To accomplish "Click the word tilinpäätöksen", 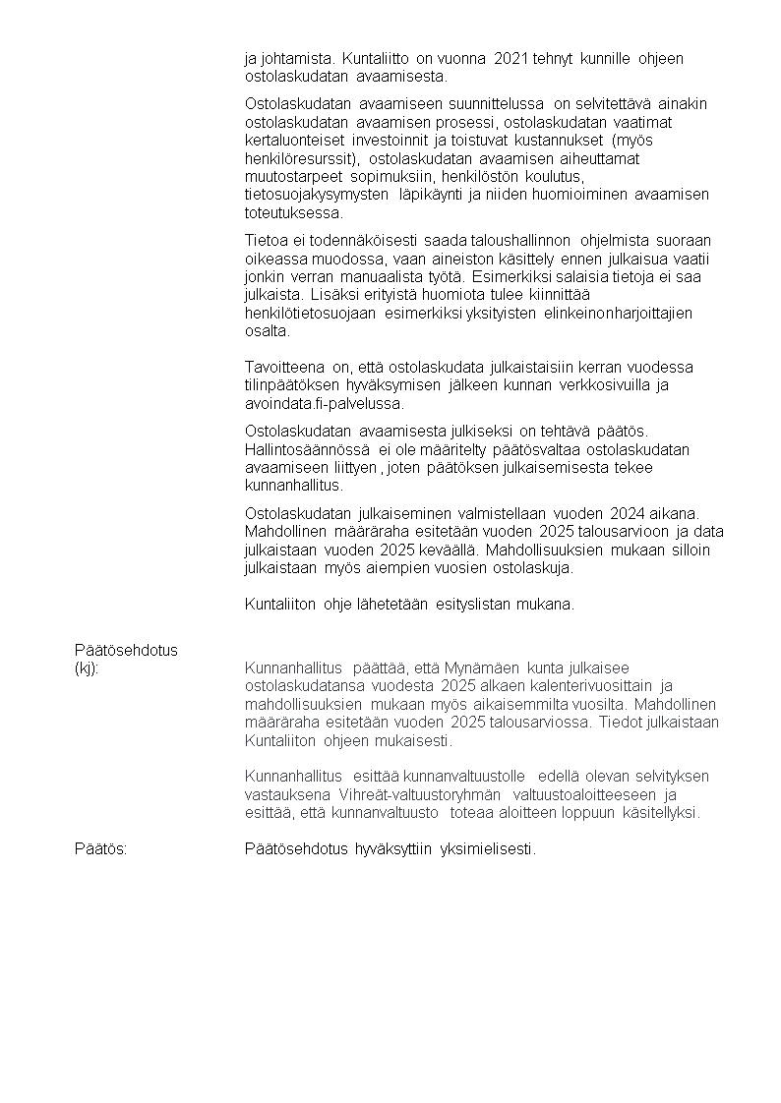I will tap(290, 385).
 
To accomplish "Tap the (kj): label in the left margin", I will tap(87, 668).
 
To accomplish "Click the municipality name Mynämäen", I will tap(484, 668).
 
